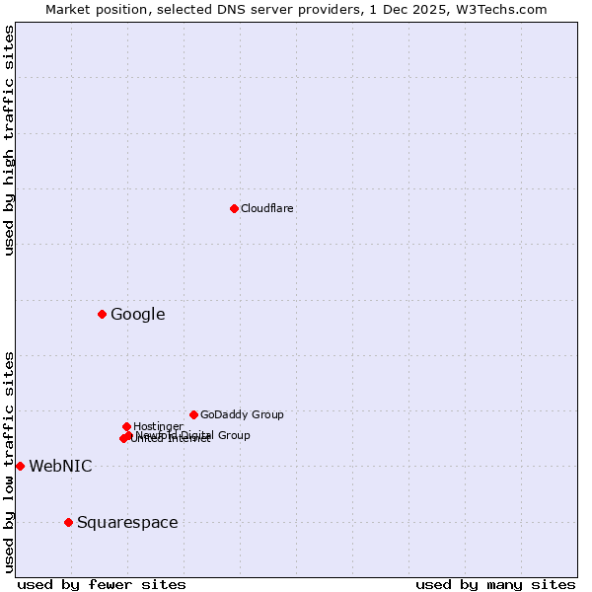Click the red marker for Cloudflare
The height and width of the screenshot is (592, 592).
click(234, 208)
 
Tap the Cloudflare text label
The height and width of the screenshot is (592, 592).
click(266, 208)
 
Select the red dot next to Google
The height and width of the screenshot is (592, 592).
click(102, 314)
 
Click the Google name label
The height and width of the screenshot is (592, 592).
click(137, 315)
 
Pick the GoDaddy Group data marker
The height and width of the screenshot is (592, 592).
click(193, 414)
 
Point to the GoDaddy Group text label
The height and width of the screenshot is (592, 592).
click(242, 414)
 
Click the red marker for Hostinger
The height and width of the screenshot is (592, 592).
click(126, 426)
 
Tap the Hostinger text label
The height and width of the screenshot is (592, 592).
click(158, 426)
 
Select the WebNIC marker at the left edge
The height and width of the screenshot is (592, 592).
click(20, 466)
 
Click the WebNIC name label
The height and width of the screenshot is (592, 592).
click(60, 467)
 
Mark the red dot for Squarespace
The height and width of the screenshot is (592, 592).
click(68, 522)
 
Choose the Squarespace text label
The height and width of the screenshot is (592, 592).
click(127, 523)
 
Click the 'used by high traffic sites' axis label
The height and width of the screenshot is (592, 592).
click(9, 140)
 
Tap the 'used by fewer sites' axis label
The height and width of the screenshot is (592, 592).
click(102, 584)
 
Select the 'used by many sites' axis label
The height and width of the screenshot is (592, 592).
click(495, 584)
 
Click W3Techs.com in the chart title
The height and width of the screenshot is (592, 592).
click(507, 9)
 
